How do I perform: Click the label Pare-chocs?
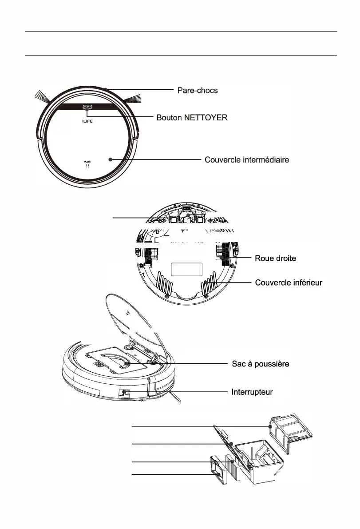(198, 90)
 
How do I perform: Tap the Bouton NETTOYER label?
(192, 118)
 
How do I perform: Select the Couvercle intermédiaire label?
(247, 159)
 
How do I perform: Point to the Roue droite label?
(275, 258)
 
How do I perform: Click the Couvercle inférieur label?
(289, 283)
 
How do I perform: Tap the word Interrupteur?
(252, 392)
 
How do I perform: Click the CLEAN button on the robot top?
(87, 107)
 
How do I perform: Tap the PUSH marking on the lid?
(87, 162)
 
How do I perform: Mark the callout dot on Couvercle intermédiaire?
(109, 159)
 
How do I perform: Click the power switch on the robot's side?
(125, 393)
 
